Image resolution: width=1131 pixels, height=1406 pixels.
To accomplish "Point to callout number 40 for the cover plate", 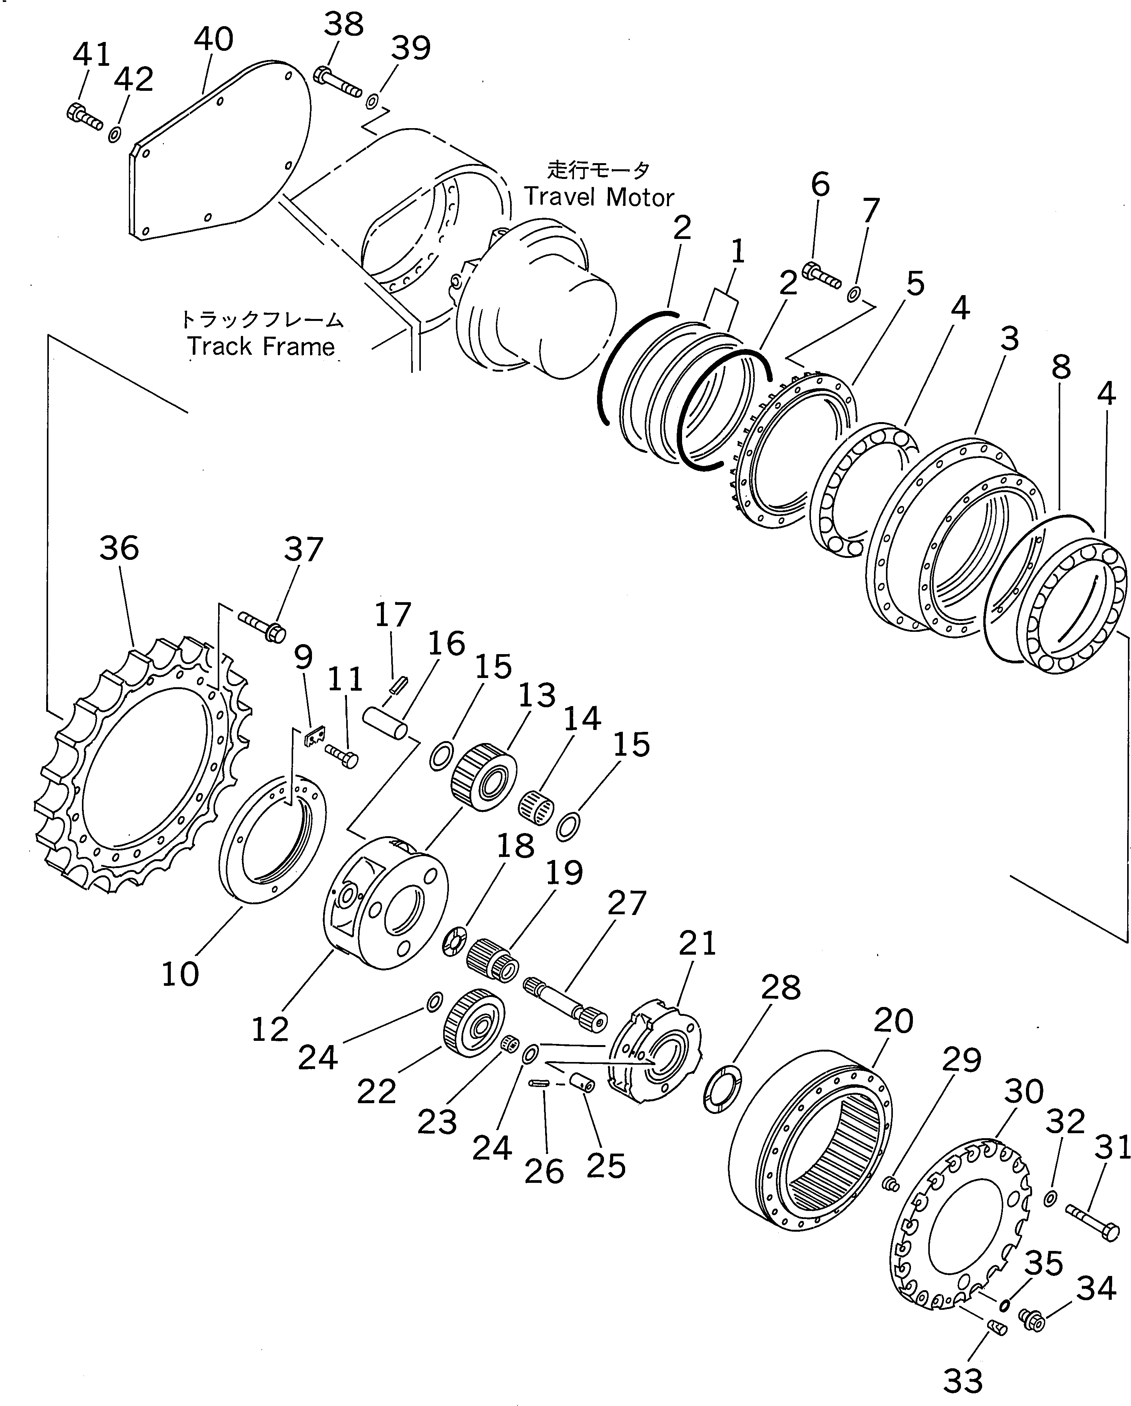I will [x=213, y=39].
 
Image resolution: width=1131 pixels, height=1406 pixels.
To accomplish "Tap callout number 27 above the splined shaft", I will [x=626, y=903].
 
